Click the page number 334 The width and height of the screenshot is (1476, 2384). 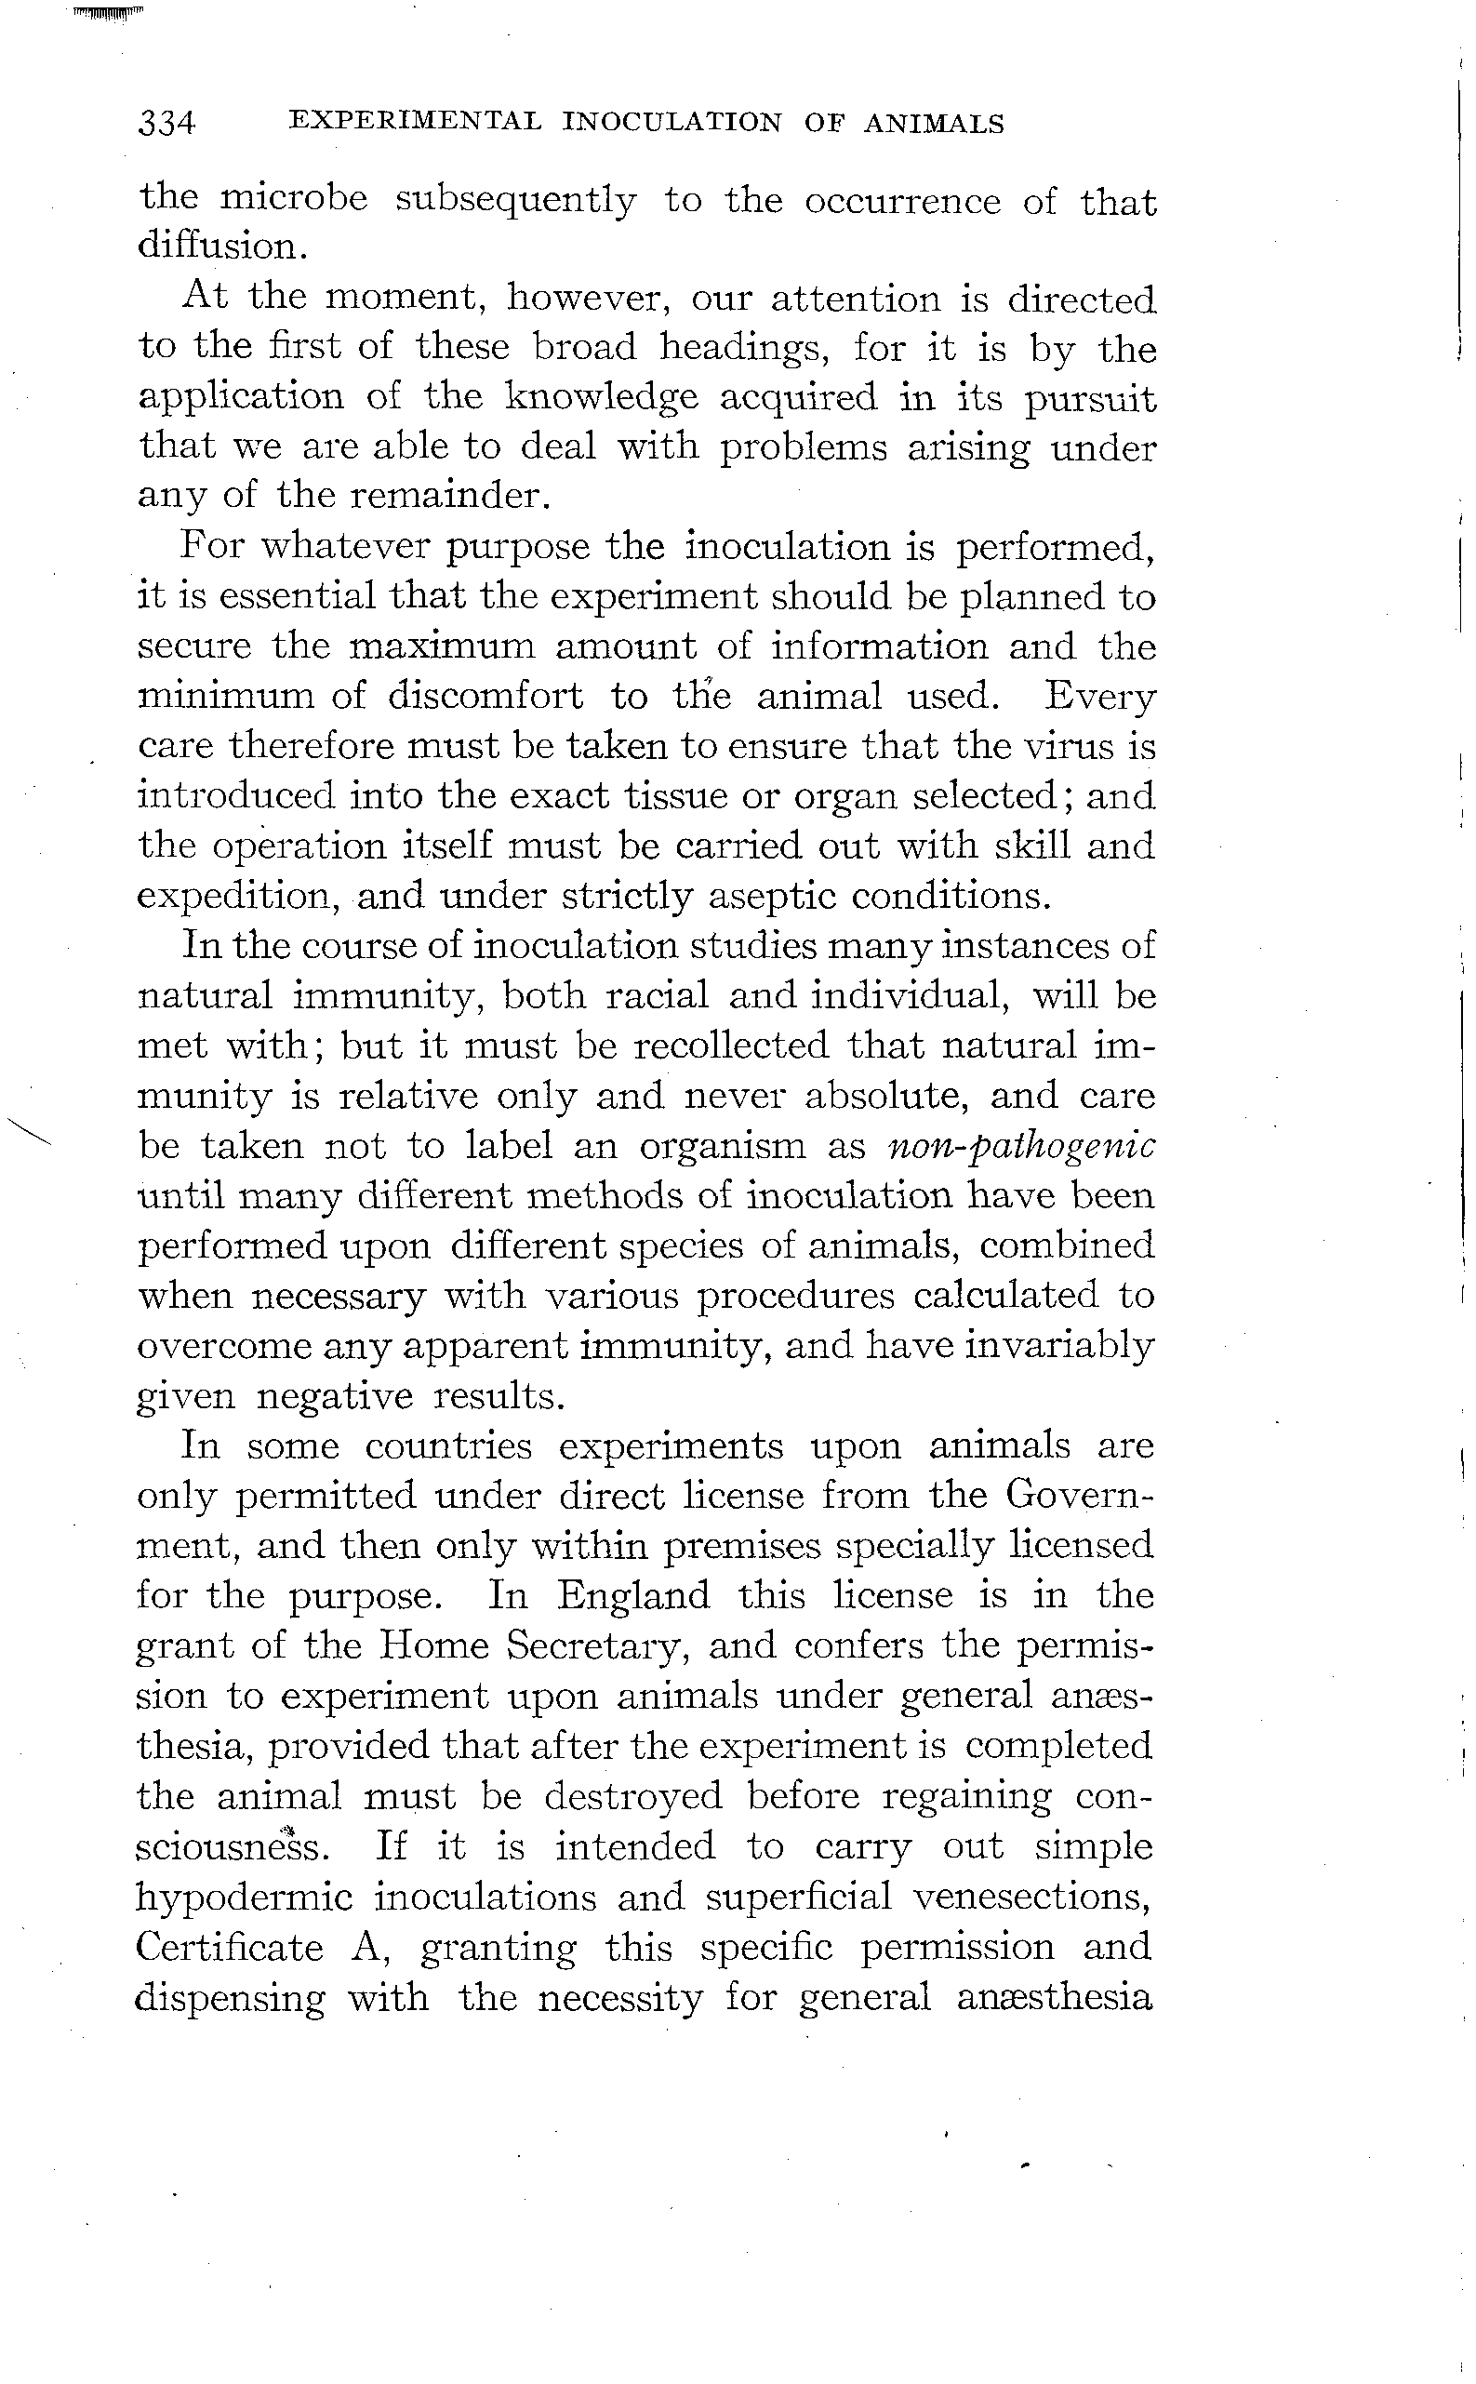[x=166, y=124]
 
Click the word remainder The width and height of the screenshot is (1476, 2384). [x=450, y=496]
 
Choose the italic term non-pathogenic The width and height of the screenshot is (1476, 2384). [x=1021, y=1145]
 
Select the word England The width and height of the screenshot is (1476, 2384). [x=632, y=1595]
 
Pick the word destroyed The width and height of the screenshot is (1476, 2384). [x=632, y=1795]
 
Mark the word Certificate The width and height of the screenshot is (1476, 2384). [x=230, y=1947]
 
